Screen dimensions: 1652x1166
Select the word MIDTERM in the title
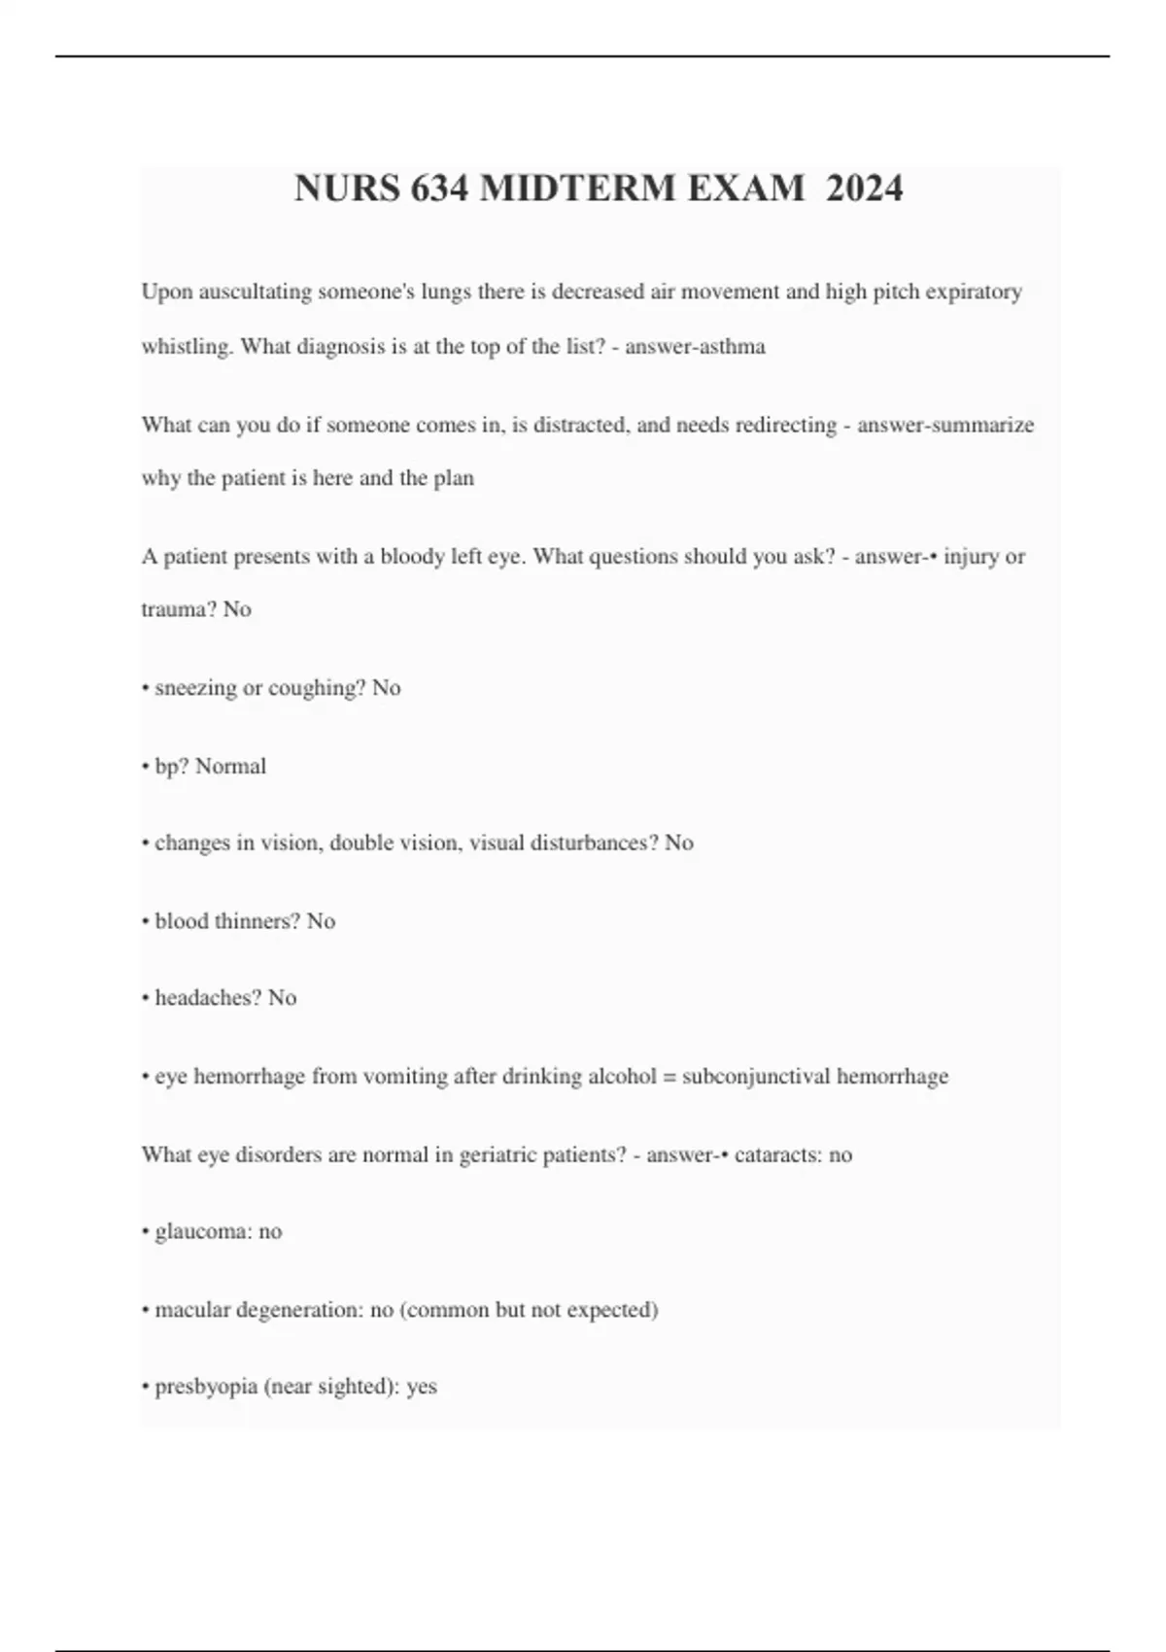579,188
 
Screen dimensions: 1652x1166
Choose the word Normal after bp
230,766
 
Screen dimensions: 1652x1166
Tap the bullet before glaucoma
145,1232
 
